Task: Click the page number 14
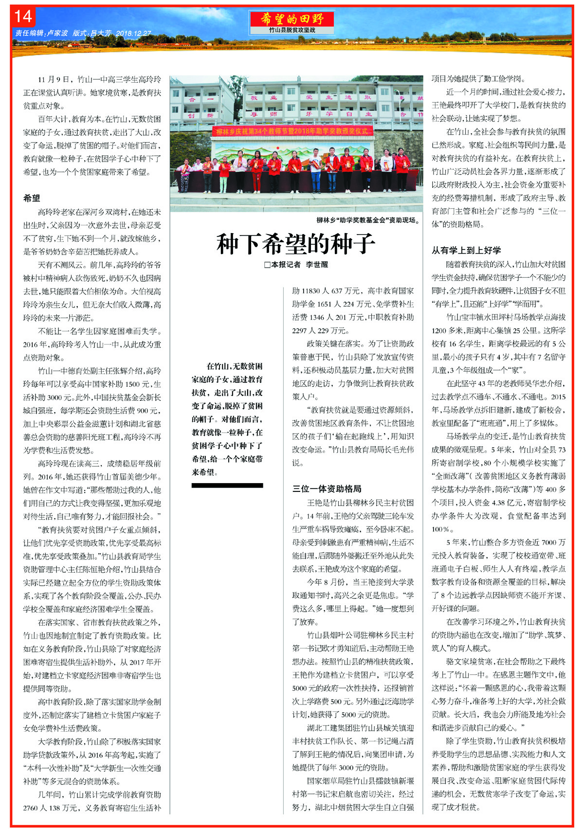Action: (23, 17)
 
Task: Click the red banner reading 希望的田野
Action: (292, 19)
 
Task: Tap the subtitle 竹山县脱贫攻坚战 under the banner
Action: (292, 30)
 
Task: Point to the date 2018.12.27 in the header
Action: (134, 34)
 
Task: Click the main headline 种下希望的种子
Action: (296, 244)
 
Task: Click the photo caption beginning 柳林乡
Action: (368, 220)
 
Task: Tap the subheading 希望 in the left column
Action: (32, 198)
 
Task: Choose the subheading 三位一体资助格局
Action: (327, 488)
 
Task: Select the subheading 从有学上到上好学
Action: (466, 250)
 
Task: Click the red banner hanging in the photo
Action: (294, 131)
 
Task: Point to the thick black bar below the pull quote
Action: (227, 485)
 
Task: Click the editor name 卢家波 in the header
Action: (58, 34)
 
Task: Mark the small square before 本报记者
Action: (267, 265)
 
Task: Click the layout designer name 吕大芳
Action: (101, 34)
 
